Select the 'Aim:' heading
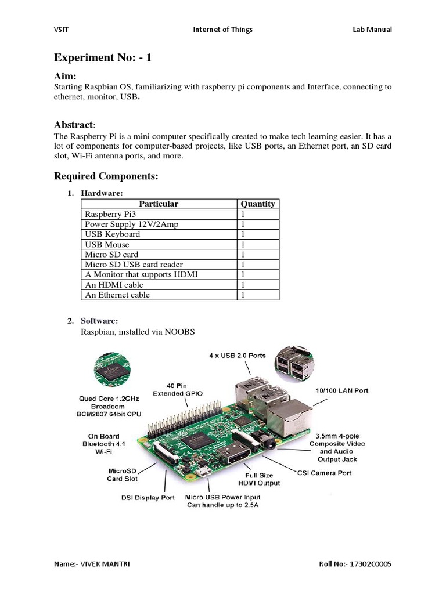[x=66, y=77]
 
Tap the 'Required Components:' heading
[x=106, y=176]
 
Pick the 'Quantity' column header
[x=258, y=204]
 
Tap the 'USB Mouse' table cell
[x=107, y=244]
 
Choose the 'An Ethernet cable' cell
[x=117, y=295]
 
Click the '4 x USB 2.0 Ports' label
[x=238, y=355]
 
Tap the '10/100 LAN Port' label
[x=341, y=390]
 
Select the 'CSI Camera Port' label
[x=325, y=473]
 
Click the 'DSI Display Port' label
[x=148, y=498]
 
